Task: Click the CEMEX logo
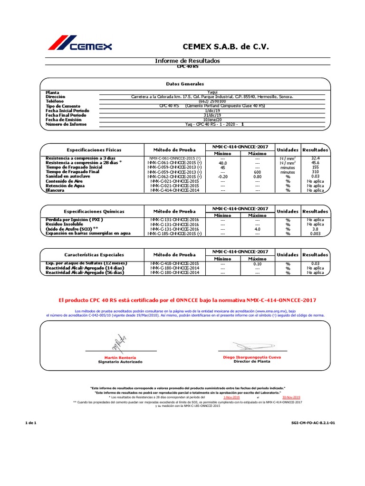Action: point(80,44)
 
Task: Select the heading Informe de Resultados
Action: point(188,61)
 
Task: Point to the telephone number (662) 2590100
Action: point(212,102)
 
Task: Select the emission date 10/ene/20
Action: point(212,120)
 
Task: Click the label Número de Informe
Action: point(66,124)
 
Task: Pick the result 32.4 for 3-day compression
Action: point(315,158)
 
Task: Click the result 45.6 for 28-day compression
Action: point(315,162)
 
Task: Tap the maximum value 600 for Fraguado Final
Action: point(258,172)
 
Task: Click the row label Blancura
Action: point(55,191)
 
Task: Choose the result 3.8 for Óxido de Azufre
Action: point(315,229)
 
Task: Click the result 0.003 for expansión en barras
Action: point(315,234)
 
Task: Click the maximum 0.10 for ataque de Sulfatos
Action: point(258,263)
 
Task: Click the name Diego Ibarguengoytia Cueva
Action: point(252,357)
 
